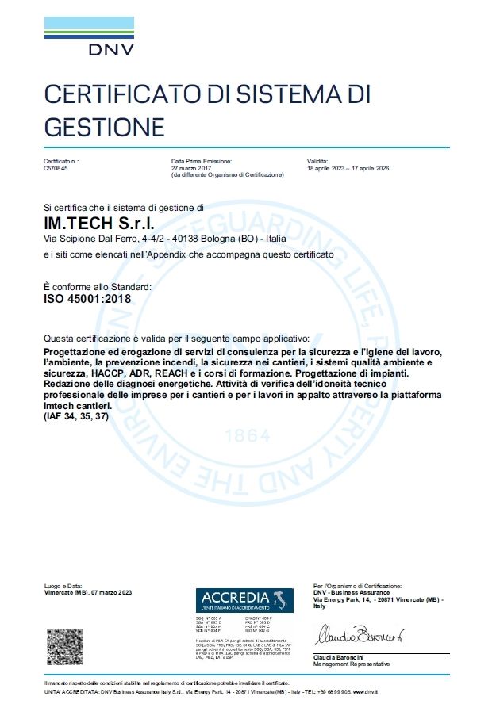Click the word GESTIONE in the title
coord(104,126)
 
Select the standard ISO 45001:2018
coord(87,299)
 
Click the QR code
coord(64,646)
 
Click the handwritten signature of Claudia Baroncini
coord(360,635)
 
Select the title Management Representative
coord(352,664)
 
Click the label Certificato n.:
coord(61,161)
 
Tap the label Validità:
coord(317,161)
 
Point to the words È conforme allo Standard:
coord(96,286)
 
